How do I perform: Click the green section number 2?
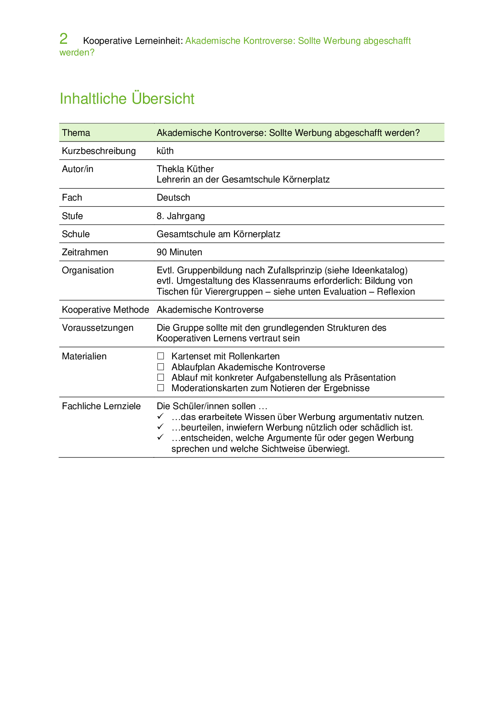coord(63,39)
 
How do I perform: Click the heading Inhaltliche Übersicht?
coord(127,98)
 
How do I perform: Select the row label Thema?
coord(76,133)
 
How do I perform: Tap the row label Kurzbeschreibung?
coord(99,151)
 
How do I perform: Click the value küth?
coord(165,151)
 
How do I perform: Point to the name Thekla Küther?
coord(185,169)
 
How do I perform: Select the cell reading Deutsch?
coord(173,198)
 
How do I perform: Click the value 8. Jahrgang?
coord(180,216)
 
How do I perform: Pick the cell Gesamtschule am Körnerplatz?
coord(218,234)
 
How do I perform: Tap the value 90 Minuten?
coord(179,252)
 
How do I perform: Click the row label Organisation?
coord(88,271)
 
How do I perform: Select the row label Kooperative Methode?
coord(105,310)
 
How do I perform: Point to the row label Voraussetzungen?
coord(98,328)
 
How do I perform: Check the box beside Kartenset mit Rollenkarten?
coord(161,356)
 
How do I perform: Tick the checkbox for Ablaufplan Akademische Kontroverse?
coord(161,367)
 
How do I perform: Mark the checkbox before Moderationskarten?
coord(161,388)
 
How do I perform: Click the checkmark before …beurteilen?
coord(161,426)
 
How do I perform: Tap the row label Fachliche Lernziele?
coord(101,406)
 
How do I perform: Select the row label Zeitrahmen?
coord(85,252)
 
